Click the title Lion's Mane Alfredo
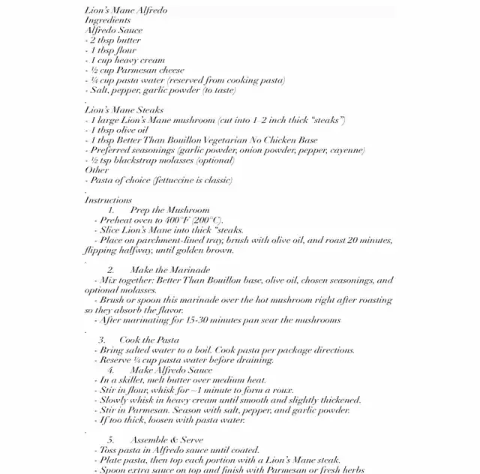126,10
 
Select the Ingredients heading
109,20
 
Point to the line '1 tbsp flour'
112,50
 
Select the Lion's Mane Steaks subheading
124,110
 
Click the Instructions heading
109,200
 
